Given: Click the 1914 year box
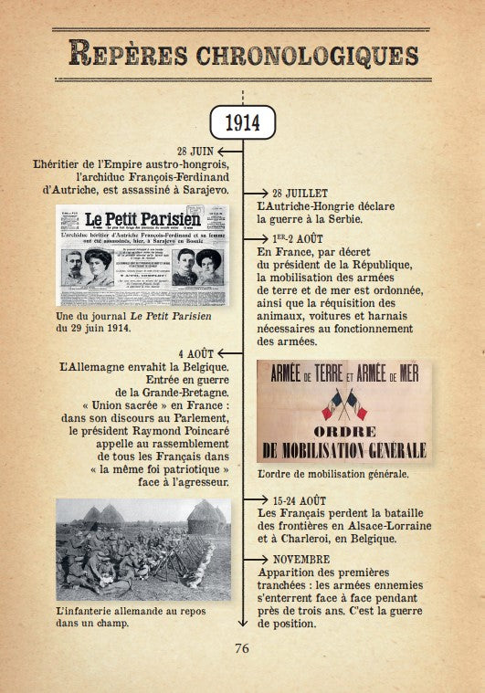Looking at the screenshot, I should tap(242, 121).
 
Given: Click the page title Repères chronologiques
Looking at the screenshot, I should tap(243, 53).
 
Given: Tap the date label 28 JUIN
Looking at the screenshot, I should tap(197, 150).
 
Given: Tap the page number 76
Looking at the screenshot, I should tap(242, 649).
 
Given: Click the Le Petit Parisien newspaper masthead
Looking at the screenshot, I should tap(142, 219).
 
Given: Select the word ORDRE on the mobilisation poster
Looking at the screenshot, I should tap(343, 431).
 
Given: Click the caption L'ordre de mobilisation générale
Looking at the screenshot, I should tap(332, 475).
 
